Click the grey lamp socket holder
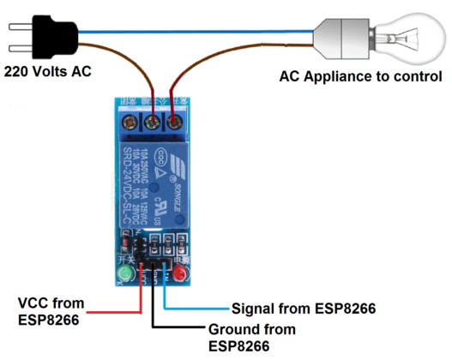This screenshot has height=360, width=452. (x=339, y=35)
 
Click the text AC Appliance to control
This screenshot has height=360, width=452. (x=361, y=77)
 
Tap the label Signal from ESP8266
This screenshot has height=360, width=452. (x=304, y=308)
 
